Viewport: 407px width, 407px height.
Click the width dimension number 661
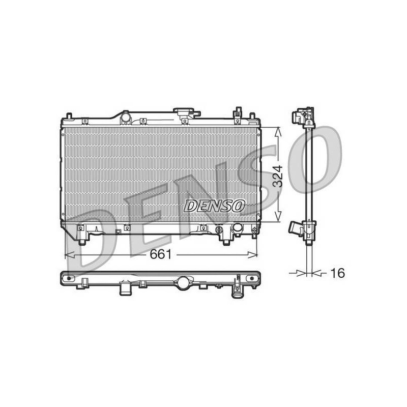(x=161, y=254)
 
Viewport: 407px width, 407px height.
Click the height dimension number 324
(x=278, y=176)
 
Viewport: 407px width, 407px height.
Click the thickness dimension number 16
(x=337, y=273)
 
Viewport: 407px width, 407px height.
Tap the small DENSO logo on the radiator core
(x=214, y=206)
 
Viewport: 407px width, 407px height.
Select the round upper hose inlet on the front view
(x=126, y=118)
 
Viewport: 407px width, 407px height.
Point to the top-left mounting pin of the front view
(x=69, y=115)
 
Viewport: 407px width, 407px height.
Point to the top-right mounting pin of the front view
(x=251, y=115)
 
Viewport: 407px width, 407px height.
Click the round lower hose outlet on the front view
(x=238, y=227)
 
